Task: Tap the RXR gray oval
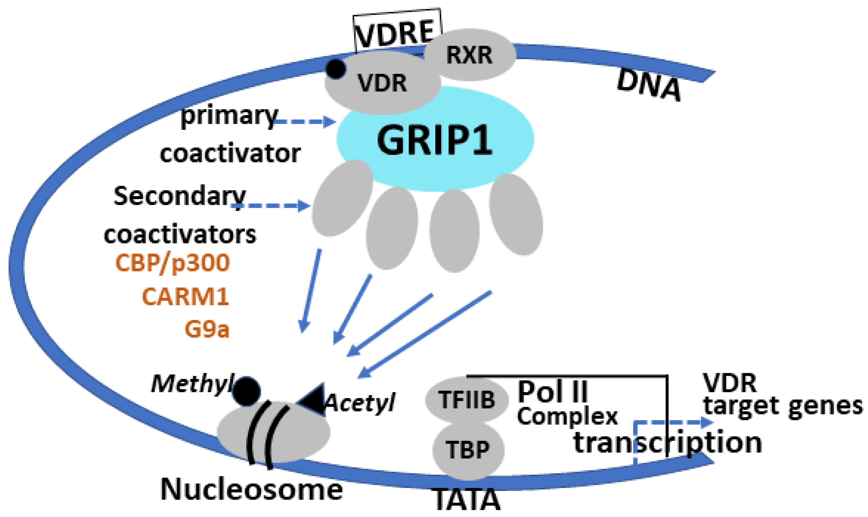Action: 469,55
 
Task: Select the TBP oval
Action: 468,450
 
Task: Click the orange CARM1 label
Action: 185,297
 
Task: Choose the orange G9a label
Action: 207,329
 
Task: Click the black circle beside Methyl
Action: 246,391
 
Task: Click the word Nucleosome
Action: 252,489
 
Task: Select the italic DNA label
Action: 649,86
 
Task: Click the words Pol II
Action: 553,391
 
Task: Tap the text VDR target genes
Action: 781,395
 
